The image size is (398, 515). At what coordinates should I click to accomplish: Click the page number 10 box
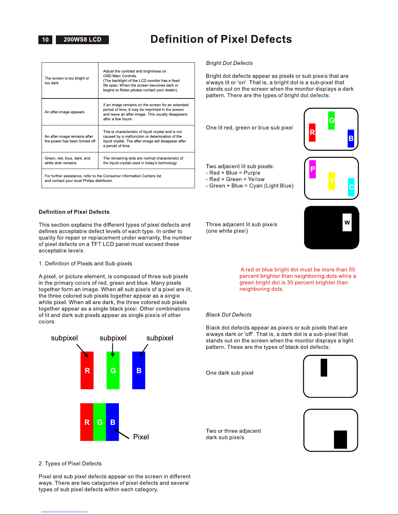pos(45,40)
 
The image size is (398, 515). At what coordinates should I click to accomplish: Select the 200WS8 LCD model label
pos(82,40)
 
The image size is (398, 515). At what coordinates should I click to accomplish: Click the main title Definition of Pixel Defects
pos(221,39)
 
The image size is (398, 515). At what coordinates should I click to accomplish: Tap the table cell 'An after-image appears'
pos(65,112)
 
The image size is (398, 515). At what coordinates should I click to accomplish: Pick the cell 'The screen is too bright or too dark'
pos(67,81)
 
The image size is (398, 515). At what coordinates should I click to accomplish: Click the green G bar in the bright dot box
pos(331,121)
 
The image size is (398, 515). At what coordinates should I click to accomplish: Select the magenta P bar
pos(313,169)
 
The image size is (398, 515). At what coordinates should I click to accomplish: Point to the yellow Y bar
pos(332,181)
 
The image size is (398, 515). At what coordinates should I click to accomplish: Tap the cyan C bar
pos(351,187)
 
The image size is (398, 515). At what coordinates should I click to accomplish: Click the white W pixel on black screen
pos(347,223)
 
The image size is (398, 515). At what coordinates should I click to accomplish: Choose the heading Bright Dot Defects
pos(229,63)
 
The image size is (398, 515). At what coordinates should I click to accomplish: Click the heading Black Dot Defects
pos(229,315)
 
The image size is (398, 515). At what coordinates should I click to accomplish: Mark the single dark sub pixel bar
pos(324,367)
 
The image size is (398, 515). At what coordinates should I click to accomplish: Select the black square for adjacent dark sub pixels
pos(340,439)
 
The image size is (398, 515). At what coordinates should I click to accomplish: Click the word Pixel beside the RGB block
pos(141,437)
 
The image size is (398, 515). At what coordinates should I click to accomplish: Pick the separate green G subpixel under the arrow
pos(113,370)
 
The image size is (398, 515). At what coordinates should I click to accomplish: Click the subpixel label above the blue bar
pos(160,338)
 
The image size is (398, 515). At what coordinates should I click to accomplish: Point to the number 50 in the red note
pos(352,270)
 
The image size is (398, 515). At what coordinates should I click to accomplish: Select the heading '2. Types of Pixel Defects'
pos(70,464)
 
